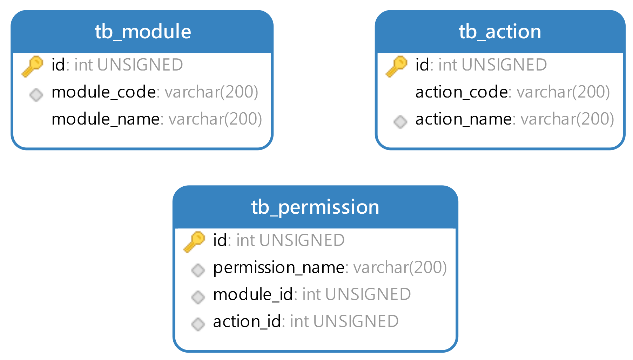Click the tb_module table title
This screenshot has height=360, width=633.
tap(143, 32)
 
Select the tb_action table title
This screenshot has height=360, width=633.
tap(500, 32)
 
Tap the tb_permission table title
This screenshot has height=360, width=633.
tap(315, 207)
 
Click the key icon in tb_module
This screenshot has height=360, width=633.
tap(32, 66)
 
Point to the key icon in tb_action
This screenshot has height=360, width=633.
tap(396, 66)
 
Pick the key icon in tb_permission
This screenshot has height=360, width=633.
tap(194, 241)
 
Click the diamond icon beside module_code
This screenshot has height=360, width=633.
tap(36, 95)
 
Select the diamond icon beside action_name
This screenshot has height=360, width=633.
tap(400, 122)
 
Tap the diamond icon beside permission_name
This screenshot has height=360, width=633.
tap(198, 270)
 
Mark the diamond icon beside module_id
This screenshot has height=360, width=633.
tap(198, 297)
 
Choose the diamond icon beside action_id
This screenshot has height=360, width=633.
tap(198, 324)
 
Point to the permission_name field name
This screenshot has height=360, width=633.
tap(279, 268)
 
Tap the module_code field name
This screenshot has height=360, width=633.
tap(103, 92)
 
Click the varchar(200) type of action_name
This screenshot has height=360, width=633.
tap(567, 119)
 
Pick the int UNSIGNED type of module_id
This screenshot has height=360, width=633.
tap(356, 294)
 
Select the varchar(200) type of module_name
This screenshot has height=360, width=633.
tap(215, 119)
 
